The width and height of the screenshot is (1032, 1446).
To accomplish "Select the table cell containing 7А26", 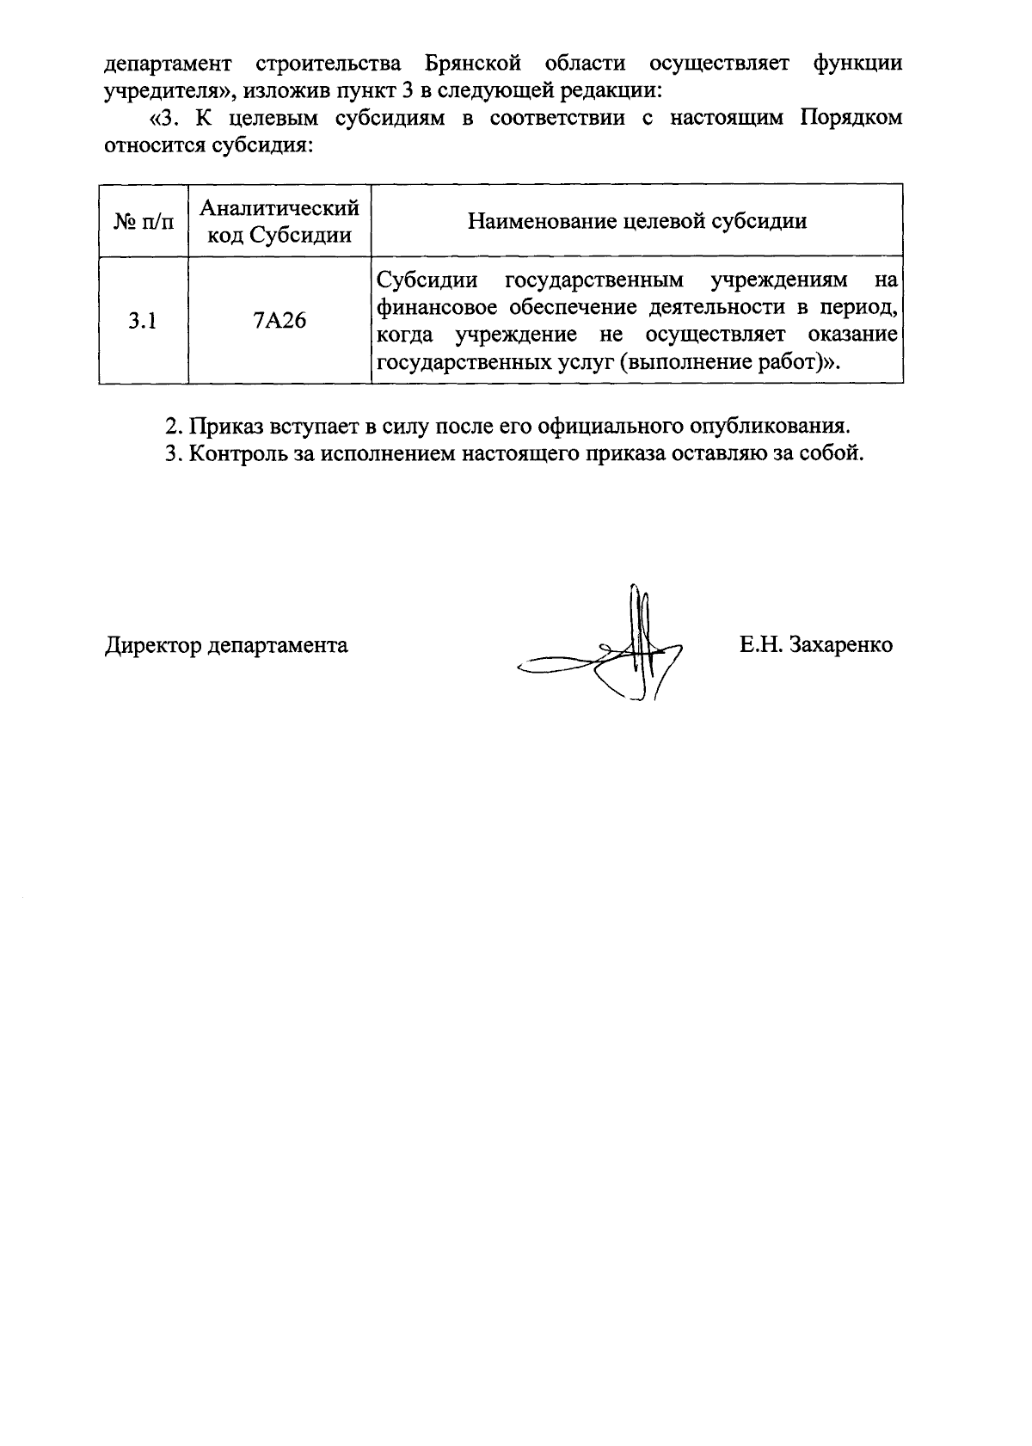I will point(279,321).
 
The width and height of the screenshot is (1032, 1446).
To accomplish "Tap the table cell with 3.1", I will point(143,321).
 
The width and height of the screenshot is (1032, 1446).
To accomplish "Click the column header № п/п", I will point(143,221).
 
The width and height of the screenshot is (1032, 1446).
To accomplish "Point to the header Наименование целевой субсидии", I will point(636,221).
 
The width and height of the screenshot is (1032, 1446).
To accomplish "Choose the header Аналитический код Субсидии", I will point(279,221).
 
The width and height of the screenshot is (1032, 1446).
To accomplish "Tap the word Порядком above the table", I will point(851,118).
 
